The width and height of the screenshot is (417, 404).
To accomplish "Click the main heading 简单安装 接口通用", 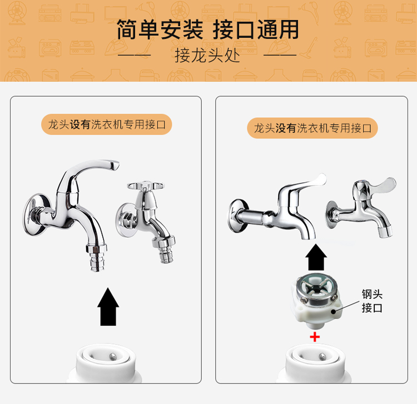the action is [208, 30].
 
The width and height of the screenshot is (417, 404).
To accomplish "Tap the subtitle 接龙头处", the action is [207, 56].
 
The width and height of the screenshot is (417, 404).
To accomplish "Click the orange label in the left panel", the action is [107, 124].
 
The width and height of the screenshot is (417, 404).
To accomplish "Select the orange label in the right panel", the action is [312, 128].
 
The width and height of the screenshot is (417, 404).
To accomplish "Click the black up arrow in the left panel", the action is [108, 306].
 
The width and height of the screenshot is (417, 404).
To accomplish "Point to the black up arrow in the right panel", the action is [316, 257].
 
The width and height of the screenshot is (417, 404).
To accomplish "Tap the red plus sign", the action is [315, 337].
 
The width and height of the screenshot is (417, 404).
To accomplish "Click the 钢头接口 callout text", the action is [372, 301].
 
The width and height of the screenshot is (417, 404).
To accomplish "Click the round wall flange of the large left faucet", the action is [33, 215].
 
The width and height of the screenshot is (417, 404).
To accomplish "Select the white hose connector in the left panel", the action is [106, 363].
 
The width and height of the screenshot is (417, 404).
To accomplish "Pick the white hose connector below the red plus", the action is [315, 363].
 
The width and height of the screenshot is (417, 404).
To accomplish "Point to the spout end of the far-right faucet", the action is [385, 232].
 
